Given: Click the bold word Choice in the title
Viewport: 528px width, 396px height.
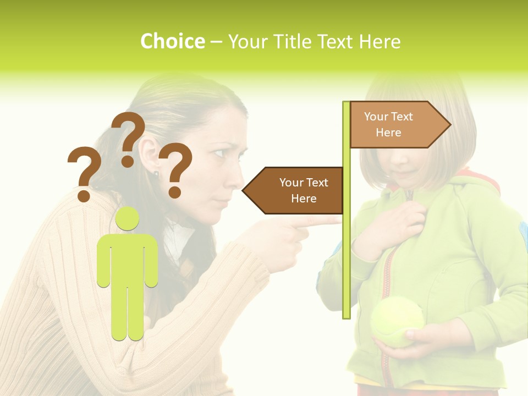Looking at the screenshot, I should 172,42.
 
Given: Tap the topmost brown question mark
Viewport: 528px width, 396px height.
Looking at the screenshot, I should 128,137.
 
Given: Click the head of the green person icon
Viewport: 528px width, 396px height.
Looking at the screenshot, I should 127,218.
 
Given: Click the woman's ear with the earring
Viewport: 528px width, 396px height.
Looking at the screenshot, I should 150,154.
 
